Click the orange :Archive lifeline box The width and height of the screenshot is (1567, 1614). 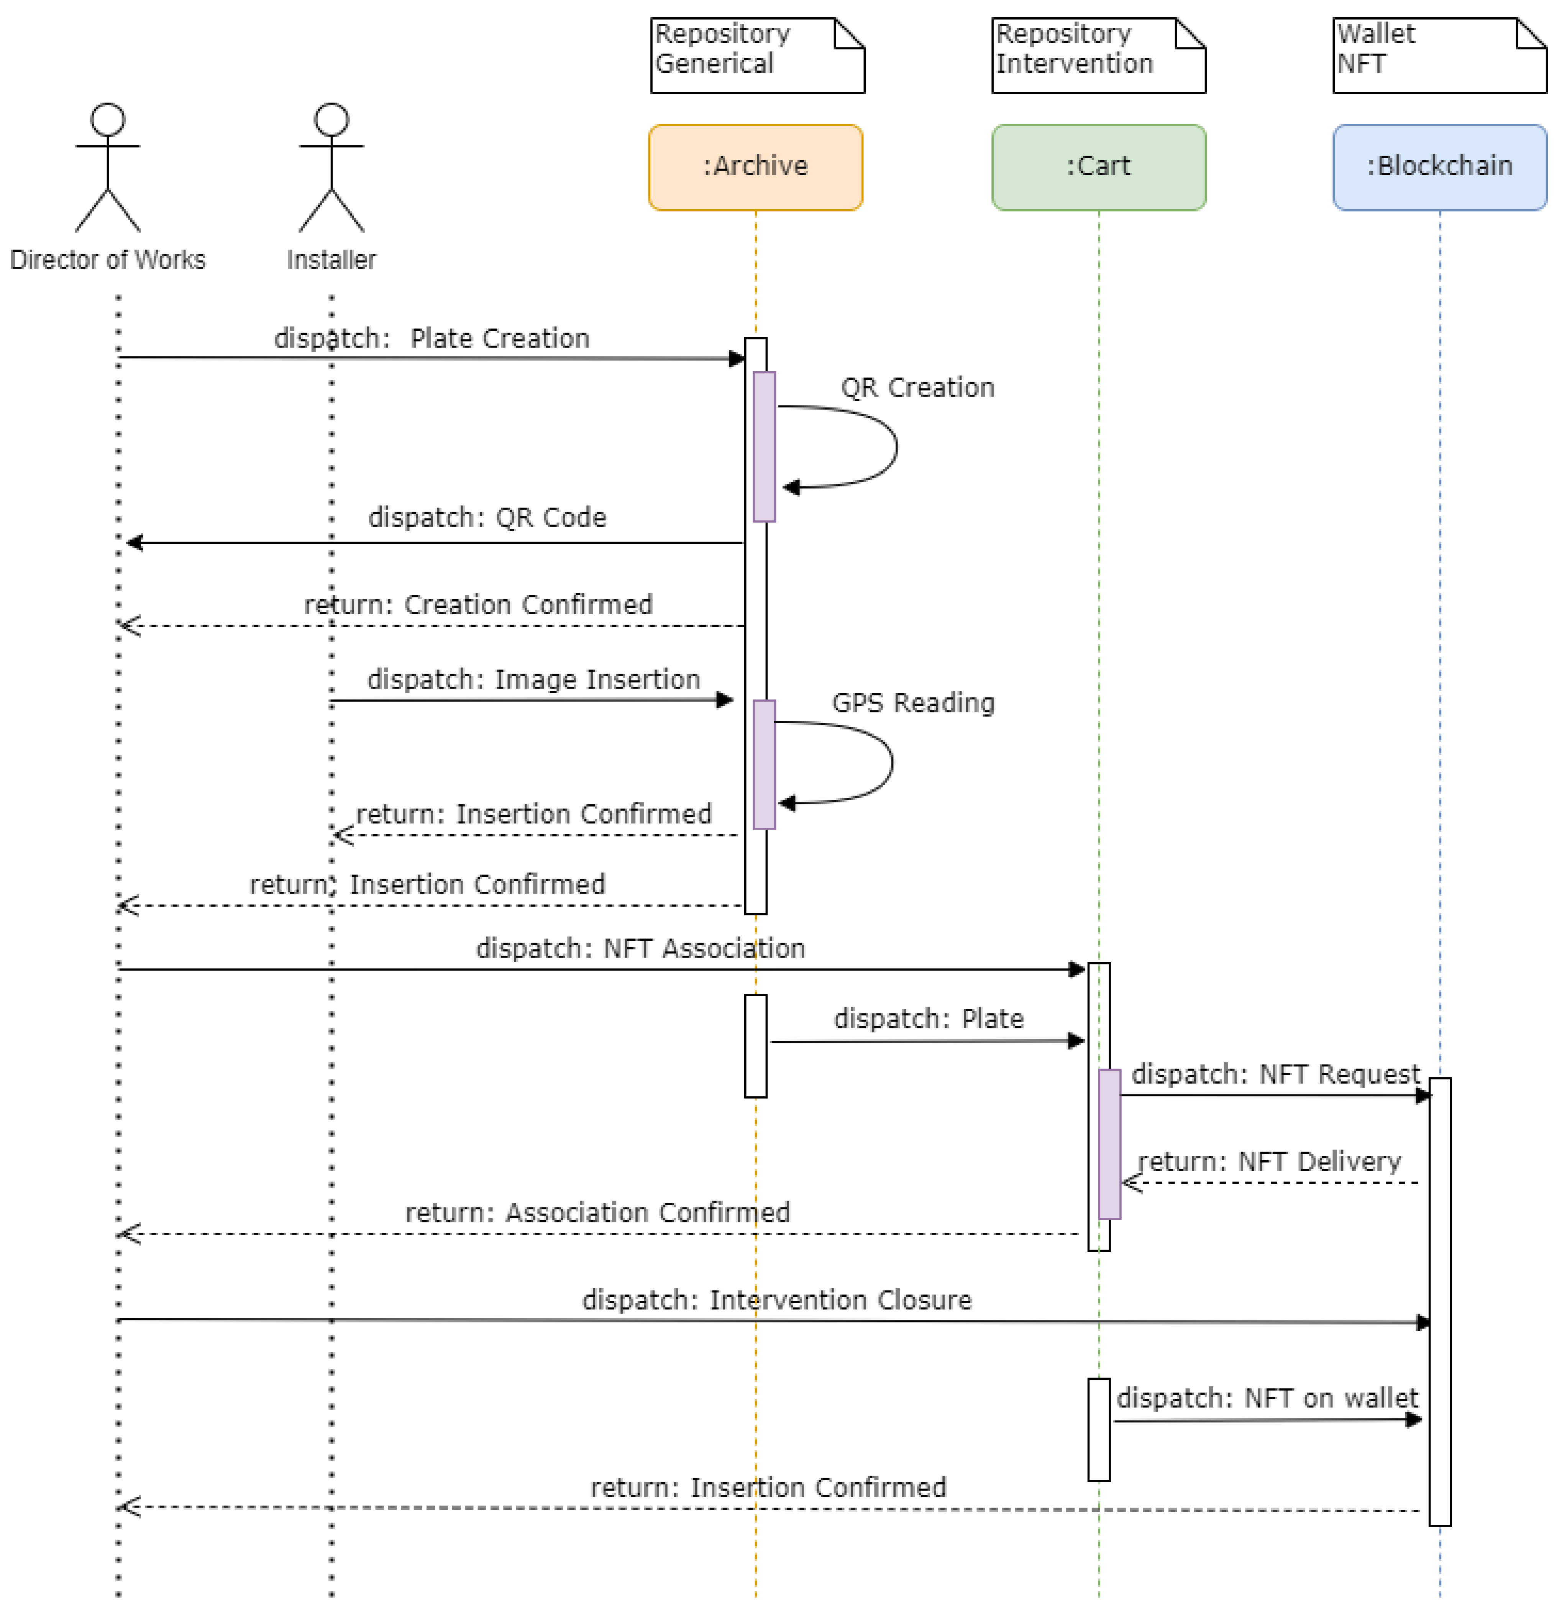pyautogui.click(x=755, y=167)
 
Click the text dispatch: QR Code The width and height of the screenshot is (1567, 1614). pyautogui.click(x=487, y=517)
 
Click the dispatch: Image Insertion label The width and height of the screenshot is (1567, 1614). pyautogui.click(x=533, y=679)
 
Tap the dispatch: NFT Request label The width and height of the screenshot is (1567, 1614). pyautogui.click(x=1275, y=1074)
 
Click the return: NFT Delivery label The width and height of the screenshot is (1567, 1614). pyautogui.click(x=1269, y=1161)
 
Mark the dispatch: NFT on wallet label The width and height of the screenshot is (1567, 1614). pyautogui.click(x=1267, y=1397)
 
